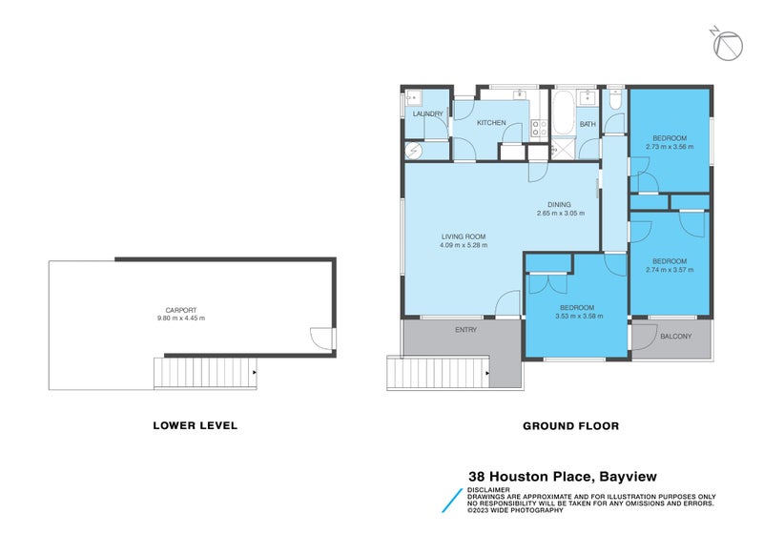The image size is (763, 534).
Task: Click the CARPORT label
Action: click(181, 310)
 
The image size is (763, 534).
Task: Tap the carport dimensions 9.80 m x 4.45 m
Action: click(181, 318)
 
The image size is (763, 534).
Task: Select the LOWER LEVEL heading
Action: click(195, 425)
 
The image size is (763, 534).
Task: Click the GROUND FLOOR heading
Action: click(571, 425)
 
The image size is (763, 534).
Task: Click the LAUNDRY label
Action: click(426, 114)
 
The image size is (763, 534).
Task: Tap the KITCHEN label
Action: click(491, 123)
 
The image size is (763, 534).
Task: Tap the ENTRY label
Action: click(466, 330)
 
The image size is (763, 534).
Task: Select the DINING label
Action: click(559, 204)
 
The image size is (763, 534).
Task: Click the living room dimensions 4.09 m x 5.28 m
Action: click(464, 245)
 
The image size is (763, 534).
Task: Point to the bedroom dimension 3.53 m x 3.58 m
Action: click(577, 316)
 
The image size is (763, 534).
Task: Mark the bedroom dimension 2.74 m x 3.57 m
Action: click(669, 270)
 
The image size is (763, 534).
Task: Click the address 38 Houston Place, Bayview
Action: click(563, 476)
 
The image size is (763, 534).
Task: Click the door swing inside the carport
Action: click(321, 337)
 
